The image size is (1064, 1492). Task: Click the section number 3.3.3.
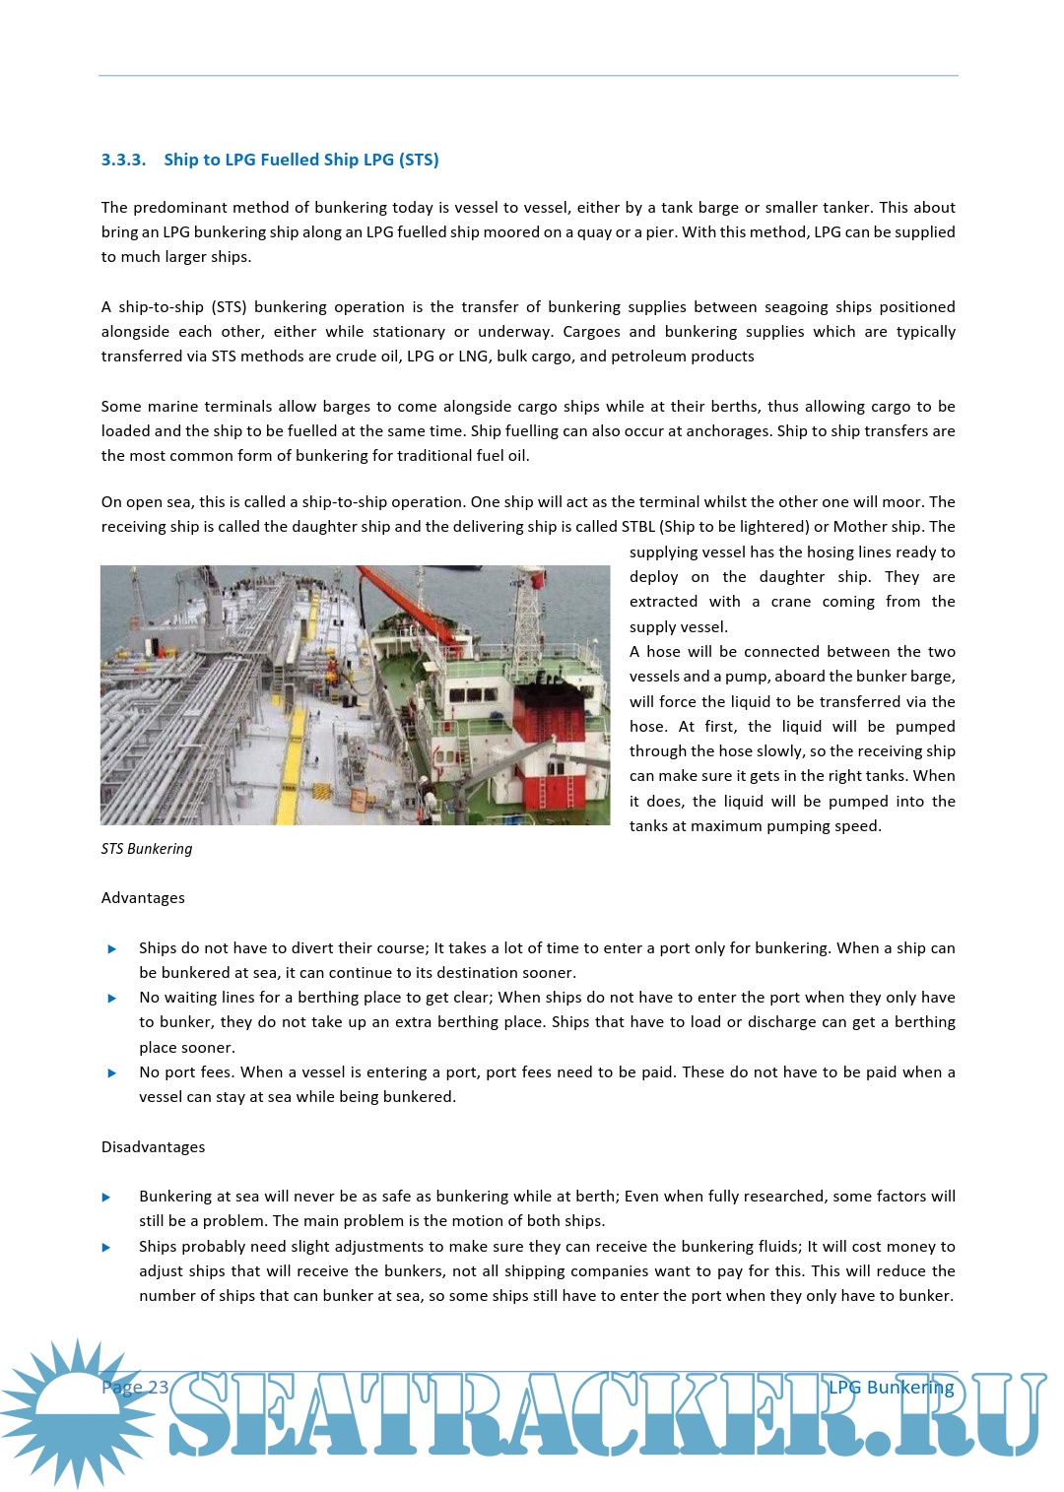tap(123, 160)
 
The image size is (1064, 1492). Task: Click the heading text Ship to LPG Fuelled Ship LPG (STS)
tap(301, 160)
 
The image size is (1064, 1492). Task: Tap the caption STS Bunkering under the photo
tap(147, 849)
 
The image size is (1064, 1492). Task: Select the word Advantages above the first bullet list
tap(143, 898)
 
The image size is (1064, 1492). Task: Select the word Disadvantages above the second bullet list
tap(153, 1147)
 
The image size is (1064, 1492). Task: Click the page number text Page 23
tap(135, 1388)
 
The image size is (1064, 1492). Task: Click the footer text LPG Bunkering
tap(891, 1388)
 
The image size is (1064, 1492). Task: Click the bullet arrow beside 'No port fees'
tap(111, 1073)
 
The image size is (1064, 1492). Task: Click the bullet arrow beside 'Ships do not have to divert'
tap(111, 949)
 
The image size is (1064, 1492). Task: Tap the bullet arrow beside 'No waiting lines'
tap(111, 999)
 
